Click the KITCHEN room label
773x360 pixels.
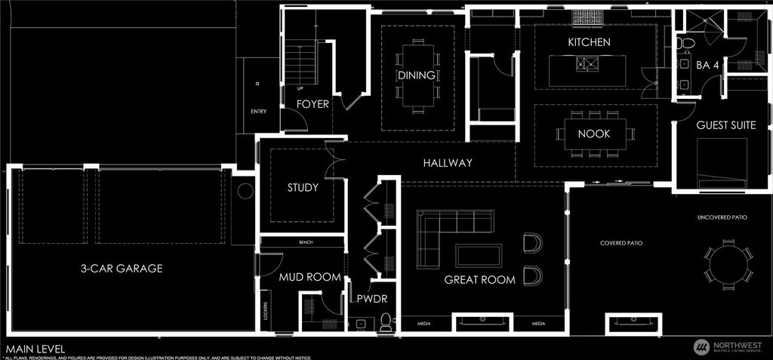589,42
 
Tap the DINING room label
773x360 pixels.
417,75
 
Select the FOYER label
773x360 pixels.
313,104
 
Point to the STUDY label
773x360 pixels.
303,187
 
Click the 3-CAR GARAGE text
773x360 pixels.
122,268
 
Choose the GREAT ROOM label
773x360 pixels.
479,279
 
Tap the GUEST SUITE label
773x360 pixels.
725,125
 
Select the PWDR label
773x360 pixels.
371,299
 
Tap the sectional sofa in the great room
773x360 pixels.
445,233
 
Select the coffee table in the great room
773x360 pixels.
479,255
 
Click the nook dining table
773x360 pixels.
595,134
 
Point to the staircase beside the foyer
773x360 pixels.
299,63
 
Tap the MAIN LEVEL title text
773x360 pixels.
35,349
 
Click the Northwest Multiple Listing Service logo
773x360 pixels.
728,346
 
